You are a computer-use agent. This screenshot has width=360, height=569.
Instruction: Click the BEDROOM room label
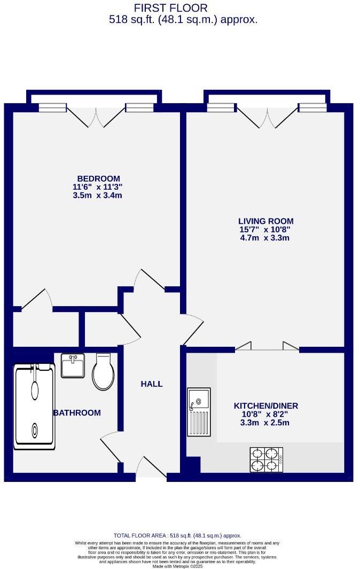click(98, 178)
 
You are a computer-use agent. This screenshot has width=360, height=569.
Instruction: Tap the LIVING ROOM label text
click(265, 221)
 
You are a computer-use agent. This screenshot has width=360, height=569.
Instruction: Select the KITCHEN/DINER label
click(265, 406)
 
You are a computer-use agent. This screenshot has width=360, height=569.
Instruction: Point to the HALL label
click(152, 384)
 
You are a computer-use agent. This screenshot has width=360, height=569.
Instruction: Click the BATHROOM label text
click(77, 413)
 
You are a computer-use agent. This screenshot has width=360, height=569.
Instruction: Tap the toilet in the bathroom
click(103, 371)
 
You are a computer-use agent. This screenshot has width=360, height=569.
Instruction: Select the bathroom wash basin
click(73, 365)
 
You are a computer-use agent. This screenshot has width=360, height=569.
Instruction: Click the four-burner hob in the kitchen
click(266, 459)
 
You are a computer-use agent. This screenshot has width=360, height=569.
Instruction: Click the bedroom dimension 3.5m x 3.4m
click(98, 196)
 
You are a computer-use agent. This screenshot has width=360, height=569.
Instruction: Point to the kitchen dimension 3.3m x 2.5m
click(265, 423)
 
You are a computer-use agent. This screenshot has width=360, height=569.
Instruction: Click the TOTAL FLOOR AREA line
click(177, 535)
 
